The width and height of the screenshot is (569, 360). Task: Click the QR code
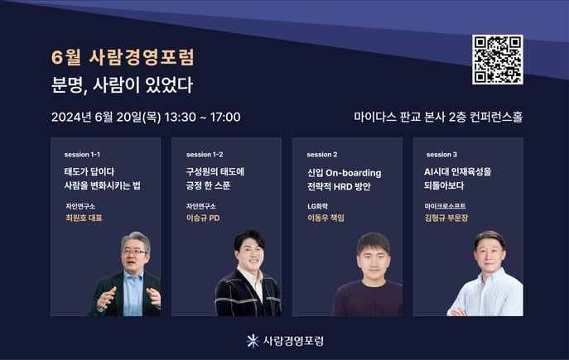pos(498,60)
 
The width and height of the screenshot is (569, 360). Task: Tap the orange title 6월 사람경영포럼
pos(123,57)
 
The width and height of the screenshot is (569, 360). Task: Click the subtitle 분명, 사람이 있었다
pos(122,85)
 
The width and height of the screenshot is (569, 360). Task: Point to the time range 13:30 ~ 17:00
pos(202,117)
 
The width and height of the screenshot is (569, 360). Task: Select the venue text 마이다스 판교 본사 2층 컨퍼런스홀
pos(438,117)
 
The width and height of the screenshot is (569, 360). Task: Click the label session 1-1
pos(82,155)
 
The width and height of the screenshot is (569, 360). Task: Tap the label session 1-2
pos(205,155)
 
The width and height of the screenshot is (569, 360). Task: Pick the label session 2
pos(322,155)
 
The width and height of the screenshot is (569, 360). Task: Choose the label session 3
pos(441,155)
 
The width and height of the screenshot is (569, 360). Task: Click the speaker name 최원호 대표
pos(84,218)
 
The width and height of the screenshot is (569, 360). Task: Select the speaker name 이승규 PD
pos(203,218)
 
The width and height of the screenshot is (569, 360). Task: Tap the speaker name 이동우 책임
pos(325,218)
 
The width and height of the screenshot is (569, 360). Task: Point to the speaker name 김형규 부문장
pos(446,218)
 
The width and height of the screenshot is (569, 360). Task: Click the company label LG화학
pos(317,206)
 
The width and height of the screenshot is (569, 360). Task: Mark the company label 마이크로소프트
pos(445,206)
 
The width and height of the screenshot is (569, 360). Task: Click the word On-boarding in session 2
pos(354,173)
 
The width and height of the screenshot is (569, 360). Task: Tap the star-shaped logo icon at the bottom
pos(253,341)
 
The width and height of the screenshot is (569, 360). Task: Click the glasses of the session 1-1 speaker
pos(134,252)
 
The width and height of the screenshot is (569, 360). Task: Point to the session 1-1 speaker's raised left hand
pos(154,295)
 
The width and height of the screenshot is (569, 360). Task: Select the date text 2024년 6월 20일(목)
pos(106,117)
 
